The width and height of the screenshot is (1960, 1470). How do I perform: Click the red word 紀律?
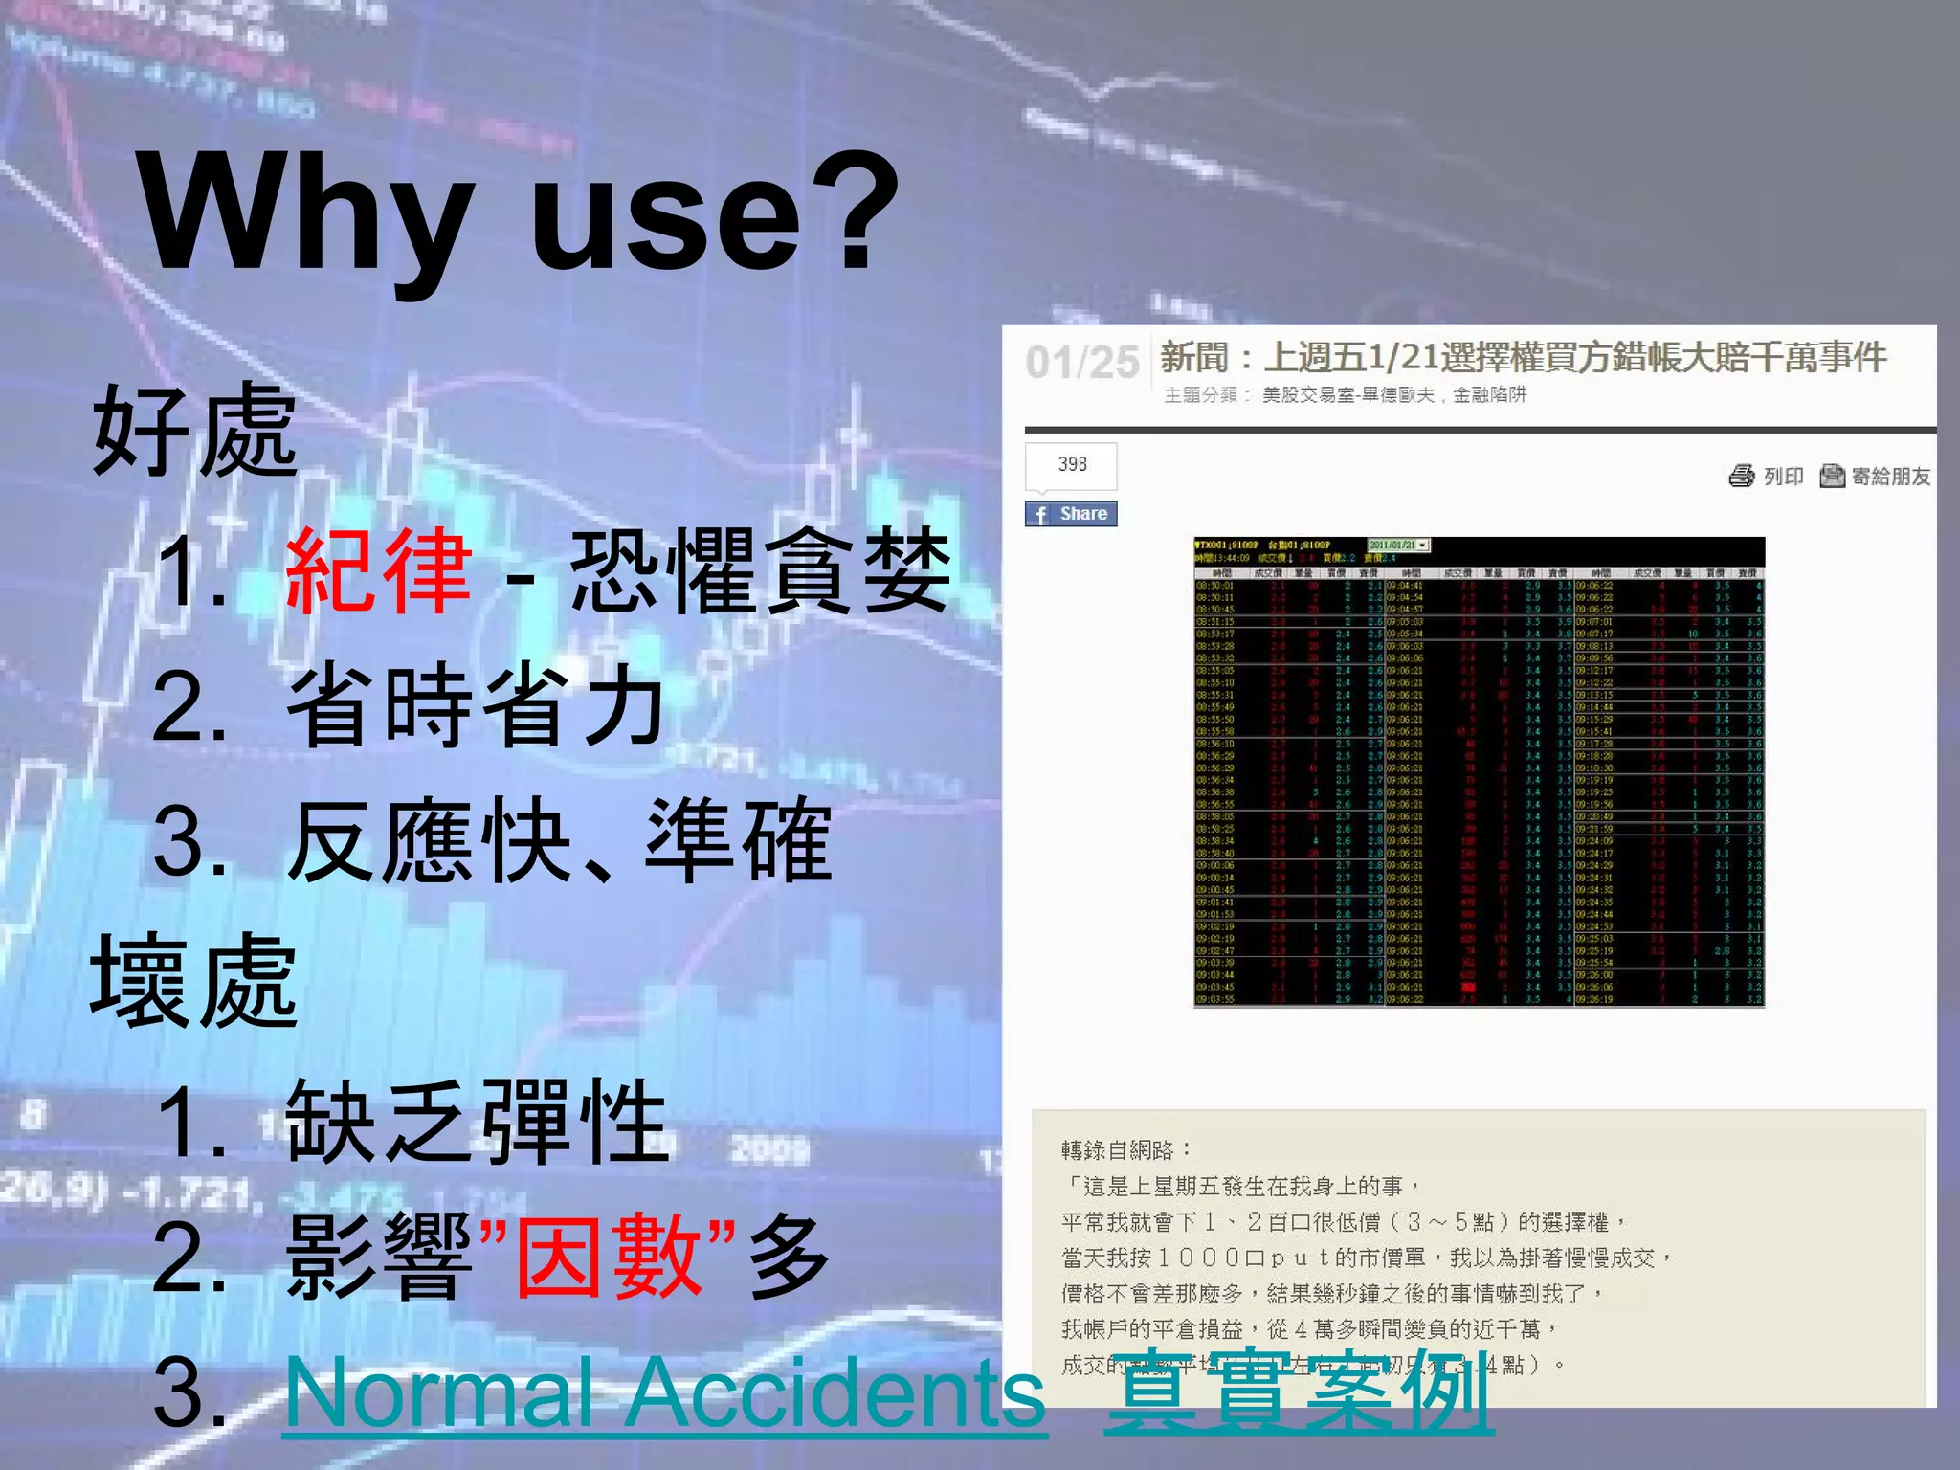378,571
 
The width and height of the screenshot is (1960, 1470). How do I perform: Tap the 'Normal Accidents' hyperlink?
665,1392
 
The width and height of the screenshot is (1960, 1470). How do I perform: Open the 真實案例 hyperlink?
1299,1392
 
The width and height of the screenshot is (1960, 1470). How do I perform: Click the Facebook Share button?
1071,514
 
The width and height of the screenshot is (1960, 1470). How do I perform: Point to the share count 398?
1072,464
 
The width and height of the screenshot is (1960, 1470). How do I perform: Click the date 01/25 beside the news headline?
1082,363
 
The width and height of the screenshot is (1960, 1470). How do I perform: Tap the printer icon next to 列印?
1741,476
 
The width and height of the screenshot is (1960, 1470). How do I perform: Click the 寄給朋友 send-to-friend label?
1890,476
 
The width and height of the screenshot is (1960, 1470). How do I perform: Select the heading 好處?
195,430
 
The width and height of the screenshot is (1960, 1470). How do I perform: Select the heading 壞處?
194,981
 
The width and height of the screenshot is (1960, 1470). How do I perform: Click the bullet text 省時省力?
476,706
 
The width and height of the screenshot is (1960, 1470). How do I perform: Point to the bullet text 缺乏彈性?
477,1122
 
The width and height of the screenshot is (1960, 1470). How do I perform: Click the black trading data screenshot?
1479,771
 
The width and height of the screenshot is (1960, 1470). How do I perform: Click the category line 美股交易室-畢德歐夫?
1347,395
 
